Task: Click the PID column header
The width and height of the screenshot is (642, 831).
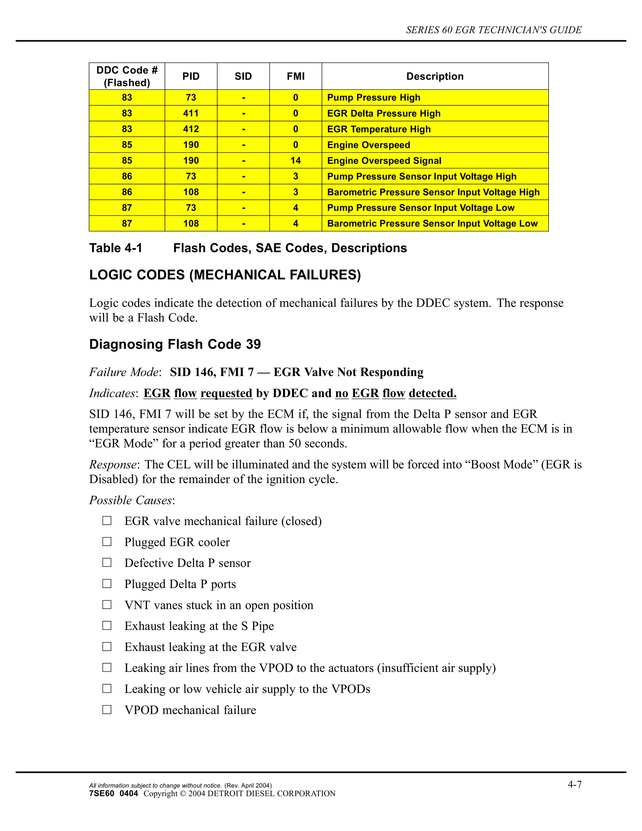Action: pos(191,77)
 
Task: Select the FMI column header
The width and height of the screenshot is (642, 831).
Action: pos(296,77)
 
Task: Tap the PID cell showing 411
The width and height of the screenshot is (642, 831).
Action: pos(191,114)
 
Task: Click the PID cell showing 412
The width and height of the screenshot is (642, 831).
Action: pos(191,129)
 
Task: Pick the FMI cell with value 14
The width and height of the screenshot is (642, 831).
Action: pos(296,161)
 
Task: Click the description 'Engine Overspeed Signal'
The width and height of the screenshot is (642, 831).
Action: pos(384,161)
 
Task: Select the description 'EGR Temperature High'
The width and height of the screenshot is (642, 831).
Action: pos(379,129)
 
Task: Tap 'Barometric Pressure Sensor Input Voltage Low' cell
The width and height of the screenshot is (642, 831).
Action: pos(432,223)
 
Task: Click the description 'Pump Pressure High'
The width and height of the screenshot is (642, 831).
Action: pos(373,98)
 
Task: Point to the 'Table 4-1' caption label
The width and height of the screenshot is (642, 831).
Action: pos(116,248)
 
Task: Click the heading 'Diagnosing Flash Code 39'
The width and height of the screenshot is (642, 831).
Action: pos(175,344)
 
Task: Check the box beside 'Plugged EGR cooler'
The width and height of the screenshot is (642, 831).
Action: pos(107,542)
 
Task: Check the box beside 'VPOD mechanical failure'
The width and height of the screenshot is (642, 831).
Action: pos(107,710)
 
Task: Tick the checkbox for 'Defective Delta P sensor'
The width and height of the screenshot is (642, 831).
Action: pos(107,562)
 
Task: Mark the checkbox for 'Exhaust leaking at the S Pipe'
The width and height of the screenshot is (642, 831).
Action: pos(107,626)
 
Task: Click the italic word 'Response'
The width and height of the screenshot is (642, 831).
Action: pos(113,465)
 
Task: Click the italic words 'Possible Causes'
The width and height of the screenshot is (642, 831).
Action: pos(130,500)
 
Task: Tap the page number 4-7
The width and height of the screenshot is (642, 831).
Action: pos(574,784)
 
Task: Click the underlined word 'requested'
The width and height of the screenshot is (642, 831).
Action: pos(226,393)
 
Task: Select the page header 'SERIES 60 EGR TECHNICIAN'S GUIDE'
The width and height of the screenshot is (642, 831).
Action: pos(494,30)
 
